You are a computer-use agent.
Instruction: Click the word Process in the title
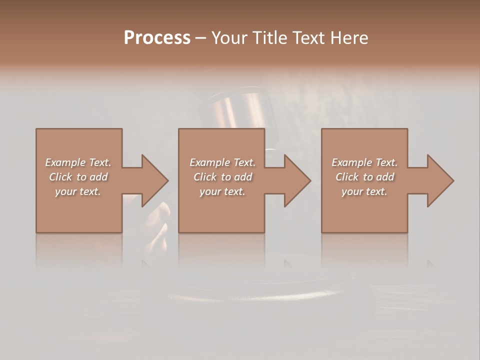click(157, 38)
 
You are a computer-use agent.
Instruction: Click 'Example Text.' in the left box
click(78, 162)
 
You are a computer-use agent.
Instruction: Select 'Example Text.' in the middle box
click(222, 162)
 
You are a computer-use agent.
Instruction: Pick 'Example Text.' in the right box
click(364, 162)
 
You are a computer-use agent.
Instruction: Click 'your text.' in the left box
click(78, 191)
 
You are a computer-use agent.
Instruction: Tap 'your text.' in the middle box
click(222, 191)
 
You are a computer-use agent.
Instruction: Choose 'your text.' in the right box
click(364, 191)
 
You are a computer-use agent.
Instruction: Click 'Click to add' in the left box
click(78, 177)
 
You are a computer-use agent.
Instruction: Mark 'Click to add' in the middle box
click(222, 177)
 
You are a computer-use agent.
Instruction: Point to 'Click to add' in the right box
click(364, 177)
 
